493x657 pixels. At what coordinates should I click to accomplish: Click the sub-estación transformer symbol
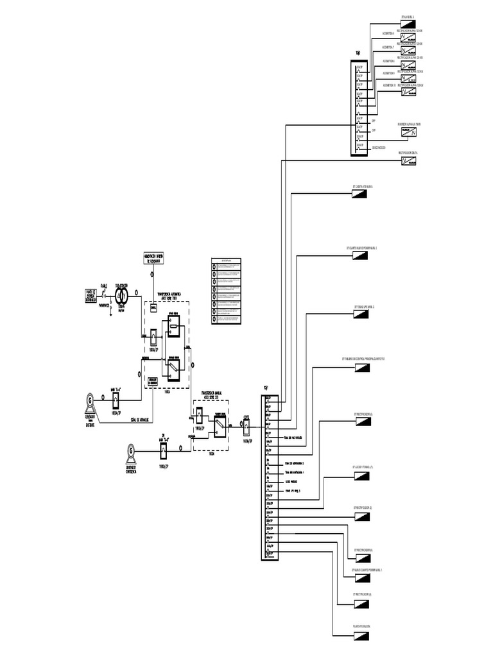120,294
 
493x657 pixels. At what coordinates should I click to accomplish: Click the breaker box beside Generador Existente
116,400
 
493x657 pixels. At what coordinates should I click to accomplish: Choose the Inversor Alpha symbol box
410,132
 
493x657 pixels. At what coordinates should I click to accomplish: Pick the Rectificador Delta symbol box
408,160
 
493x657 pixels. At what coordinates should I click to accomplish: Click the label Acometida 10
389,84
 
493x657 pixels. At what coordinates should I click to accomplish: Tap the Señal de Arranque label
141,420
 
